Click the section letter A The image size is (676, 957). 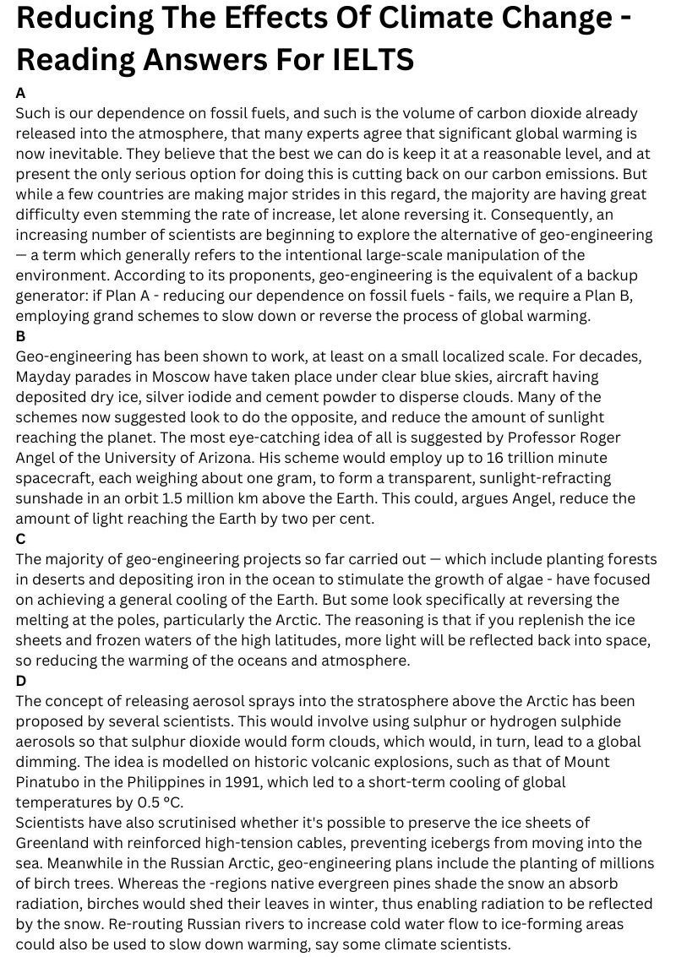pyautogui.click(x=21, y=92)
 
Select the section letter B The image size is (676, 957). pyautogui.click(x=21, y=335)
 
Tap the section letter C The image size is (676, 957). pyautogui.click(x=21, y=538)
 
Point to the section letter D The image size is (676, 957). pyautogui.click(x=21, y=680)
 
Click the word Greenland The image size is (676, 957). pyautogui.click(x=54, y=842)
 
